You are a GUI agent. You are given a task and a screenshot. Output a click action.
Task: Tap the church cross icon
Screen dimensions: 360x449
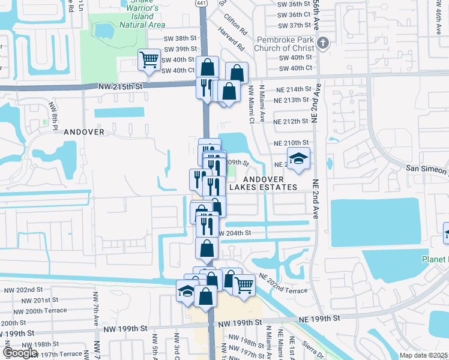click(x=324, y=43)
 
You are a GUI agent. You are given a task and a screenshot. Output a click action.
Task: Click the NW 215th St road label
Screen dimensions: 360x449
click(x=121, y=86)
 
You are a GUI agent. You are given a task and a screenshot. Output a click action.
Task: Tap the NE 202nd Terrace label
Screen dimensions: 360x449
click(x=283, y=283)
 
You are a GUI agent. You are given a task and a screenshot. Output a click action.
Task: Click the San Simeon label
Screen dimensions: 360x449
click(x=427, y=169)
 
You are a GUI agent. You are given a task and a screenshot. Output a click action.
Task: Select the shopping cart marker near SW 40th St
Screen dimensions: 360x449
click(x=148, y=59)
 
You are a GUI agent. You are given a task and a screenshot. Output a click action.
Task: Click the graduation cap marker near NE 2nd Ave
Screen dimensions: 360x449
click(x=298, y=160)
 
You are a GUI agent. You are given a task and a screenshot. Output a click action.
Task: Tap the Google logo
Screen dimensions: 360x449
click(x=20, y=353)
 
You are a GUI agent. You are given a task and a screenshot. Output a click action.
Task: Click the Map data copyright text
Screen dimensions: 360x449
click(x=424, y=355)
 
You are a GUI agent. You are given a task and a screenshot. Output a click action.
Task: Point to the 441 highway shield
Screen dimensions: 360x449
click(x=200, y=3)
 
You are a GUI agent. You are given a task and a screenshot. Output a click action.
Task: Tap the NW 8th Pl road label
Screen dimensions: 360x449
click(x=53, y=113)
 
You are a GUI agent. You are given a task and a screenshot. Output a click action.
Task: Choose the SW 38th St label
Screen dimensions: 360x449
click(x=180, y=37)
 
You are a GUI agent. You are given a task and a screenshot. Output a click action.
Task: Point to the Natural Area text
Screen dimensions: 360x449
click(x=142, y=25)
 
